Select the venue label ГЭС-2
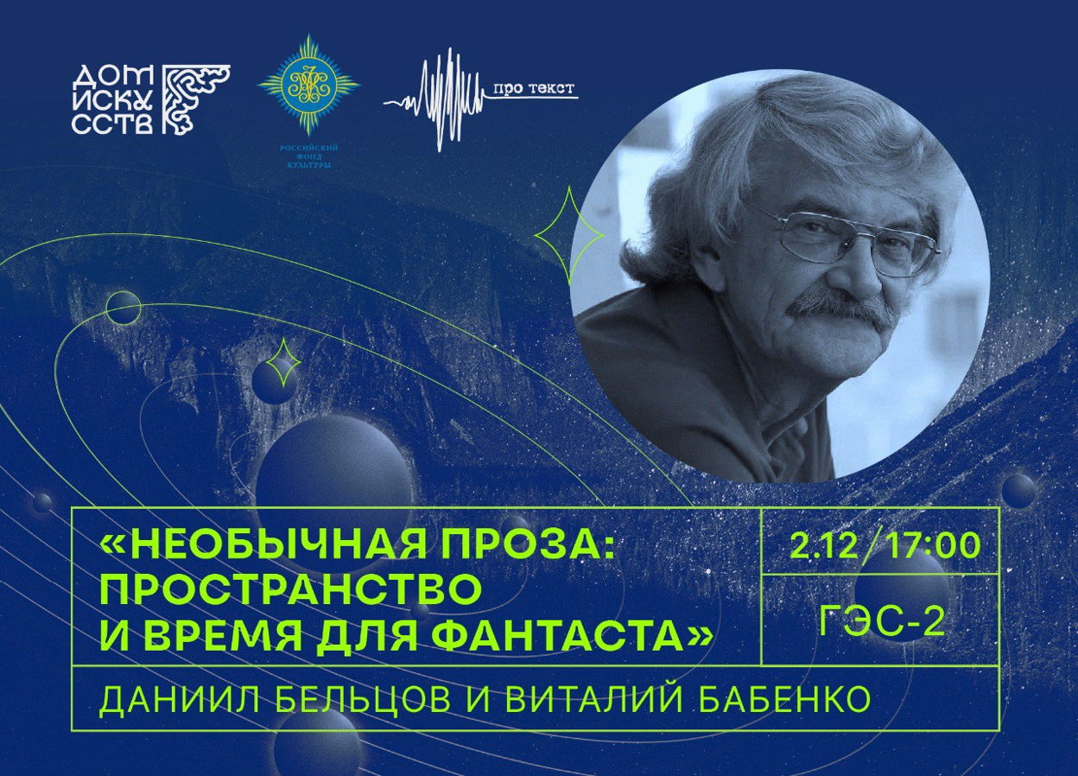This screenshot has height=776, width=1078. (881, 621)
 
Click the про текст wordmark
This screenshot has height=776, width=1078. (534, 89)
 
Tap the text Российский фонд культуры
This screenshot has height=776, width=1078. (309, 156)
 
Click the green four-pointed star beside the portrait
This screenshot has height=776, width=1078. (569, 236)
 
